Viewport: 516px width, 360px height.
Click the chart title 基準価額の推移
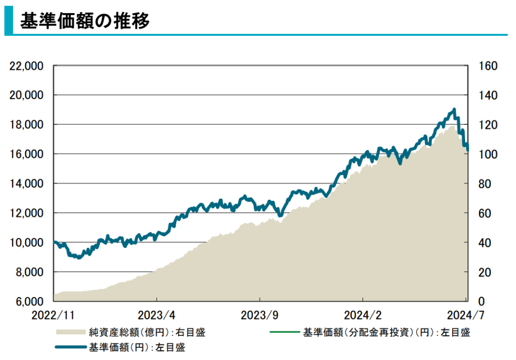click(x=85, y=22)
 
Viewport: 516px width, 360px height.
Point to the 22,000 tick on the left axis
click(x=27, y=66)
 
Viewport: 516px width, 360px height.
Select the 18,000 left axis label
click(x=27, y=125)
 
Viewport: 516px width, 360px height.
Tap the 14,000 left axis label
click(x=27, y=184)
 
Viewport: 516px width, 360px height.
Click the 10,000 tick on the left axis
click(x=27, y=243)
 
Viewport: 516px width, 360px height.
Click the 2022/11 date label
click(x=53, y=316)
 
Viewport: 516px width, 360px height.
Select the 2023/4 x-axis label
click(x=156, y=316)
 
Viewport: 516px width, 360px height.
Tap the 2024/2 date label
click(x=362, y=316)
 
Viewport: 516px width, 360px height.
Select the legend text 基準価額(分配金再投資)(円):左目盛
click(x=386, y=332)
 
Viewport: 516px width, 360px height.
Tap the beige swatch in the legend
click(x=70, y=332)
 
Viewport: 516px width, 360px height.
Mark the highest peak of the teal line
click(x=455, y=109)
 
